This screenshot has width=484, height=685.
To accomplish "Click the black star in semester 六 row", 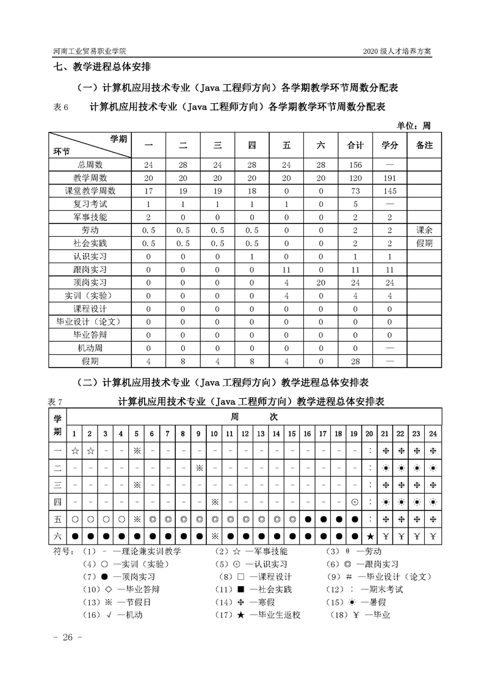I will (x=370, y=537).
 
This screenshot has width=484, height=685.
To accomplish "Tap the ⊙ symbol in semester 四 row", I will (x=355, y=502).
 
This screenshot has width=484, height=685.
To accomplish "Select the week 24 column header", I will (x=432, y=433).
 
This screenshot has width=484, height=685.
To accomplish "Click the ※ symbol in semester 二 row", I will (x=199, y=468).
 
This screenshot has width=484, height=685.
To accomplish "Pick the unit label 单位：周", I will (x=414, y=126).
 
